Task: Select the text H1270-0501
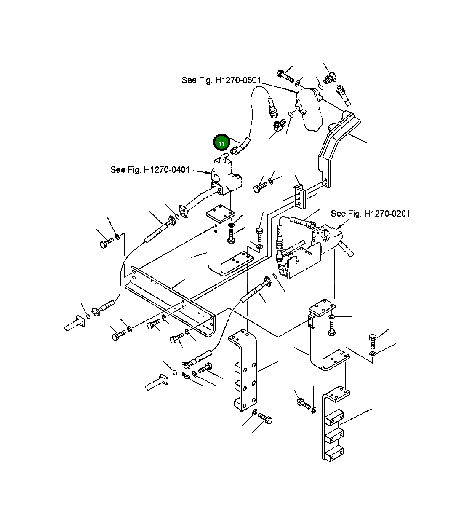click(x=238, y=80)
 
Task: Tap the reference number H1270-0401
click(x=167, y=170)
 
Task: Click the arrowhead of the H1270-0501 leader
click(x=294, y=91)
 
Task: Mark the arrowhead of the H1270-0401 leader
click(x=209, y=172)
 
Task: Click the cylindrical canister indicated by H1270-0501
click(x=309, y=110)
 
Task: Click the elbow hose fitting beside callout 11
click(x=240, y=147)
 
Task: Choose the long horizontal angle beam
click(x=171, y=301)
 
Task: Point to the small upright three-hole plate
click(x=299, y=196)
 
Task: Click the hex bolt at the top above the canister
click(x=286, y=76)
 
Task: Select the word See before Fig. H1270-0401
click(x=118, y=170)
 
